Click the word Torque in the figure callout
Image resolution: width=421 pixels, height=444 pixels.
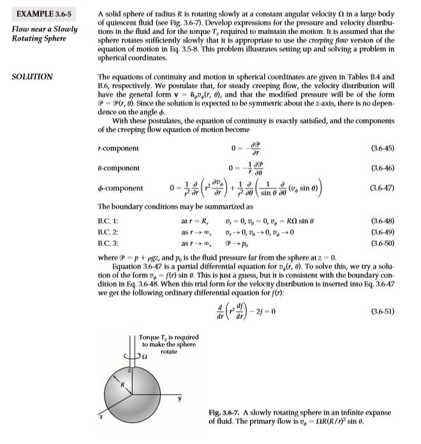tap(149, 337)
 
